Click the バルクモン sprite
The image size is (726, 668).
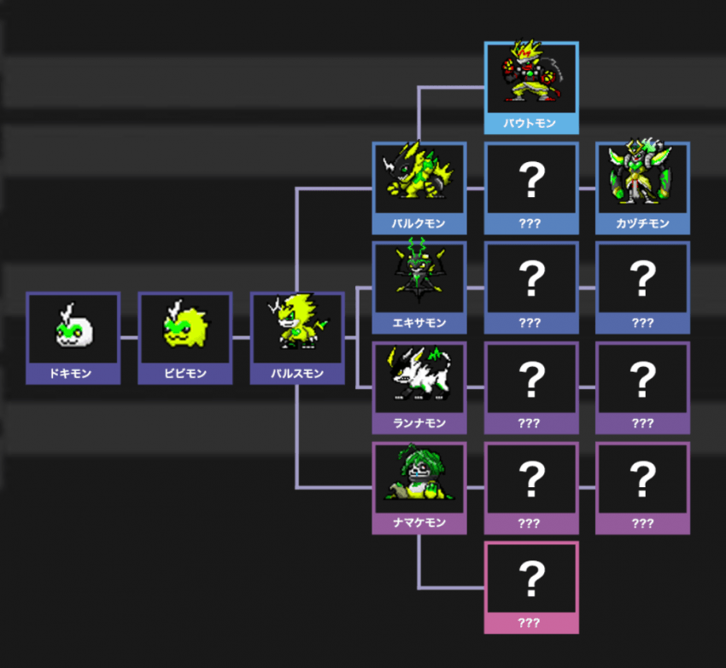pos(419,177)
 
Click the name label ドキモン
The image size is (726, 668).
pos(73,374)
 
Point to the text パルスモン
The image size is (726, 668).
pos(296,374)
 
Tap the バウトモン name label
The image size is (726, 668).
pos(530,124)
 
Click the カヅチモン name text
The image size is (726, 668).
pos(642,224)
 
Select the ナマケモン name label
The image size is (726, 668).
pos(419,523)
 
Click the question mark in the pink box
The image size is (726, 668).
pos(530,578)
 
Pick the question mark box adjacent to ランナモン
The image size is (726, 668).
pos(530,379)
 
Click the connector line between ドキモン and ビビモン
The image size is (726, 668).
pos(129,337)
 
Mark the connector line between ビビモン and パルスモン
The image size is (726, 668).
pos(241,337)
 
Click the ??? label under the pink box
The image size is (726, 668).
pos(530,623)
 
